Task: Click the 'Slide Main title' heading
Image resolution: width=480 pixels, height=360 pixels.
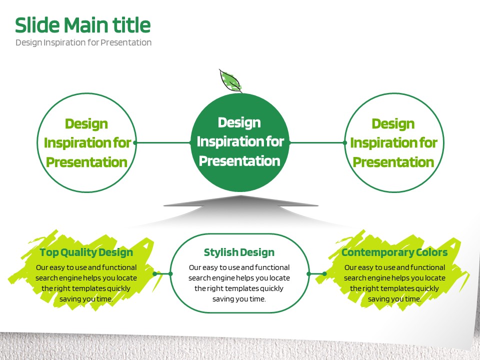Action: [82, 25]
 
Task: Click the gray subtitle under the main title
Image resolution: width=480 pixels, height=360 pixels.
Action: [83, 42]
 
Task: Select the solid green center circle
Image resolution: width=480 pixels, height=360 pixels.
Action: [240, 142]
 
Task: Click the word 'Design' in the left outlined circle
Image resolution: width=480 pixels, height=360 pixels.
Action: [86, 123]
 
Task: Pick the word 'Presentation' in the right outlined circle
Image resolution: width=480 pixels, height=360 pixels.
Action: [393, 162]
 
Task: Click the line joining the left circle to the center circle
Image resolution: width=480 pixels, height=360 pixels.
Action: [163, 142]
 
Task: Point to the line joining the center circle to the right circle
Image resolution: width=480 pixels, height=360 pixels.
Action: [317, 142]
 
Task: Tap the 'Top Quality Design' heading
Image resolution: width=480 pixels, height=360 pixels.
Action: [86, 252]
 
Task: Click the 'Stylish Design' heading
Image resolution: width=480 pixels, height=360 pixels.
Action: [239, 252]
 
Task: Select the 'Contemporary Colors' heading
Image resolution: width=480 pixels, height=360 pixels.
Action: [394, 252]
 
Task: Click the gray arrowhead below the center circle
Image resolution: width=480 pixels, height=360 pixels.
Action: [240, 201]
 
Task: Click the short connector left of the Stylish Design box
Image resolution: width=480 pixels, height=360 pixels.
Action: [162, 273]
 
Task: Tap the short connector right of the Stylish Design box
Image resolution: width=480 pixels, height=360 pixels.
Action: [316, 273]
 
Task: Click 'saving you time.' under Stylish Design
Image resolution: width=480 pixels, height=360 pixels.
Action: [239, 299]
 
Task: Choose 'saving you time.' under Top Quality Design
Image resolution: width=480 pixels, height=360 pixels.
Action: [86, 299]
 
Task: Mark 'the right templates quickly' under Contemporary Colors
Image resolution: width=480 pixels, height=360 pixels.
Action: [394, 288]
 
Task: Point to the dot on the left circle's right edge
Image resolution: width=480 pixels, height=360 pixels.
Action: [135, 142]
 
